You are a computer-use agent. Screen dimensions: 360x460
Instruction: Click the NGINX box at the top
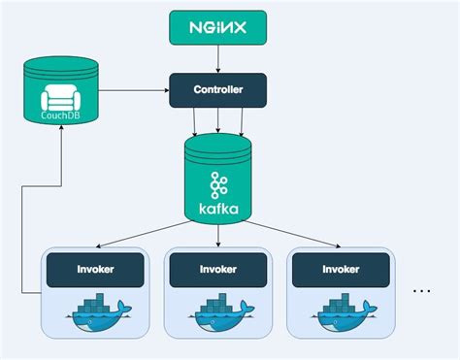(x=218, y=27)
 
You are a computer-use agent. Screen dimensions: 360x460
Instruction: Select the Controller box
(x=218, y=90)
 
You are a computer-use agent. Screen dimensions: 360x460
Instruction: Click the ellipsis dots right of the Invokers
(x=422, y=289)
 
